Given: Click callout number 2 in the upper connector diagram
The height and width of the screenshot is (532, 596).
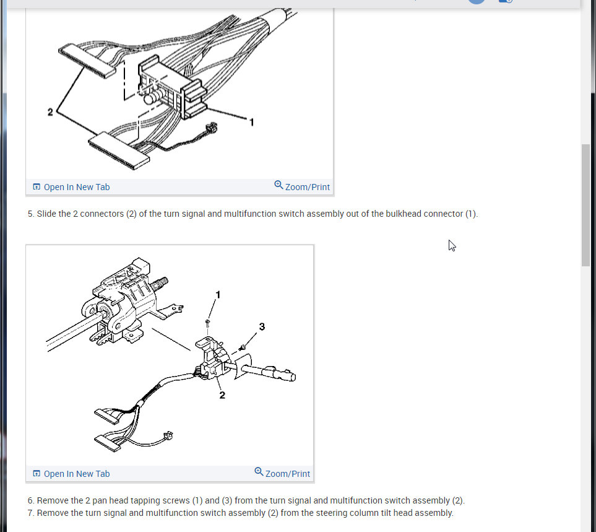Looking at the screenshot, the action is pos(50,112).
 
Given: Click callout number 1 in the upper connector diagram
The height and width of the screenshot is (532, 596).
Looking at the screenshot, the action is pos(251,122).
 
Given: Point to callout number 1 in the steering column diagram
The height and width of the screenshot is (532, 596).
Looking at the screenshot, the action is pos(218,295).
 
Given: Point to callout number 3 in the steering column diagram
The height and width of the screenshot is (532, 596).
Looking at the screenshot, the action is pos(262,326).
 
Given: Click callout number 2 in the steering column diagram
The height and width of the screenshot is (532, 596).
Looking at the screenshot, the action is pos(222,395).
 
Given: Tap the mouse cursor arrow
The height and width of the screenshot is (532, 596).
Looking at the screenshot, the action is pos(452,246).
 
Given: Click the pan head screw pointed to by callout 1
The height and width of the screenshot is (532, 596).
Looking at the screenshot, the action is pos(207,323).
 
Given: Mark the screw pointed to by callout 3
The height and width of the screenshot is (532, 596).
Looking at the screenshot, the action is pos(242,347).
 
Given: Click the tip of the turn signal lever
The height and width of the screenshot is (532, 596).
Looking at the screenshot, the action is pos(292,377).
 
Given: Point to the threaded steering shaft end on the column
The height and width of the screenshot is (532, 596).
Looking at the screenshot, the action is pos(160,284).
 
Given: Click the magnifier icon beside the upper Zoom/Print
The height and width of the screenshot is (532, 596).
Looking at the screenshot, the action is pos(279,185).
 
